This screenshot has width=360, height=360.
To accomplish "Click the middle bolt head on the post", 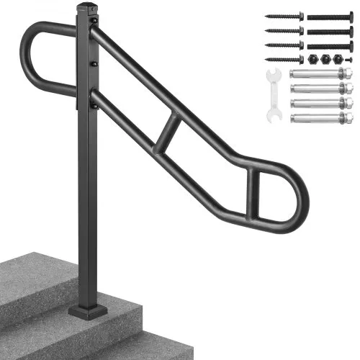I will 92,64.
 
